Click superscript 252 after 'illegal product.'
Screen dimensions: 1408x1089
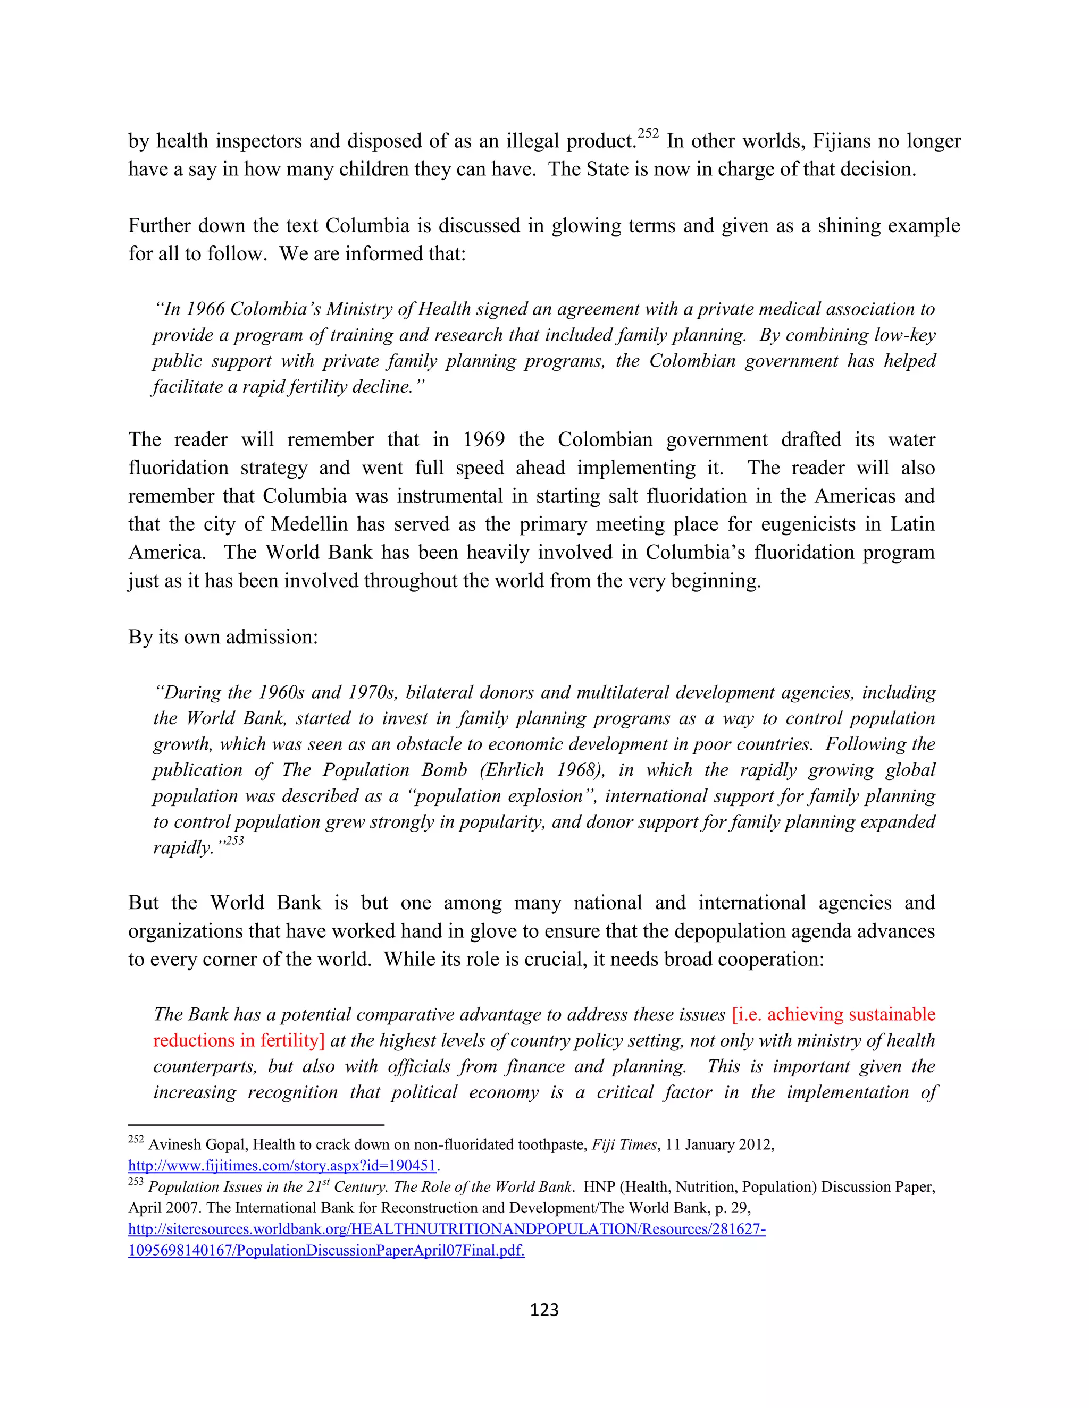point(648,133)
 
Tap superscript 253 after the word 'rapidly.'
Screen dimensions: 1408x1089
point(235,841)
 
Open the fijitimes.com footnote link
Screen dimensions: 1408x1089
point(282,1166)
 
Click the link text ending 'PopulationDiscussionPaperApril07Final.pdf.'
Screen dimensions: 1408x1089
point(326,1250)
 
